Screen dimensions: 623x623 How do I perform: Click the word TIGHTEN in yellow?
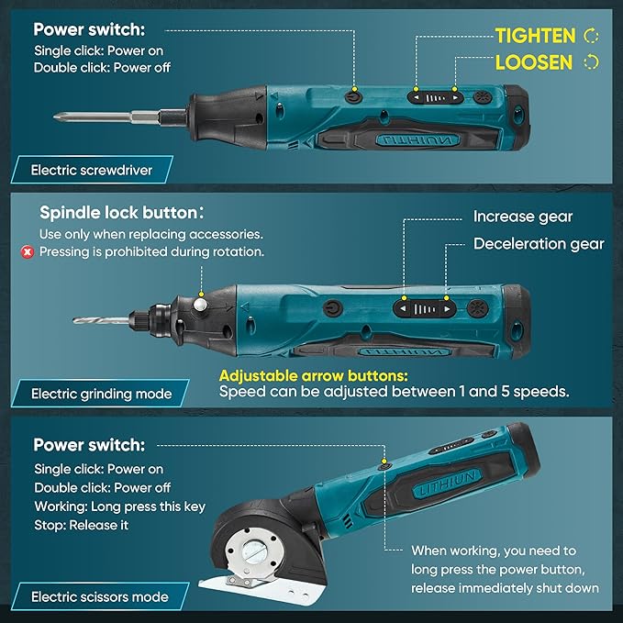(535, 36)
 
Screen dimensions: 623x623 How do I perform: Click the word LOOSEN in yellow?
(533, 62)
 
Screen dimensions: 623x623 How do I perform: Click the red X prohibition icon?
(27, 251)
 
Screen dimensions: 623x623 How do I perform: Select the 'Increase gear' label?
(523, 217)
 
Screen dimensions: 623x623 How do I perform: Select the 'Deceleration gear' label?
(539, 244)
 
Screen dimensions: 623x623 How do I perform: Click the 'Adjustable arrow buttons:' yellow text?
(313, 375)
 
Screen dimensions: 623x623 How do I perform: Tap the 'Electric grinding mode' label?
(101, 394)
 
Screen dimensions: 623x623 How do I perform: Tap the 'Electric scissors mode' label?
(100, 596)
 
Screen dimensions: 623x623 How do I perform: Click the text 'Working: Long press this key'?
(119, 506)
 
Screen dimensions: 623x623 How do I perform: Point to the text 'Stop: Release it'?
(82, 525)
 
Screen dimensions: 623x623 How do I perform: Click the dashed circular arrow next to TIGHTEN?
(591, 36)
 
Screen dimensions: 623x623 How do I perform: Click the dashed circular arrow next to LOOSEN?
(591, 62)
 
